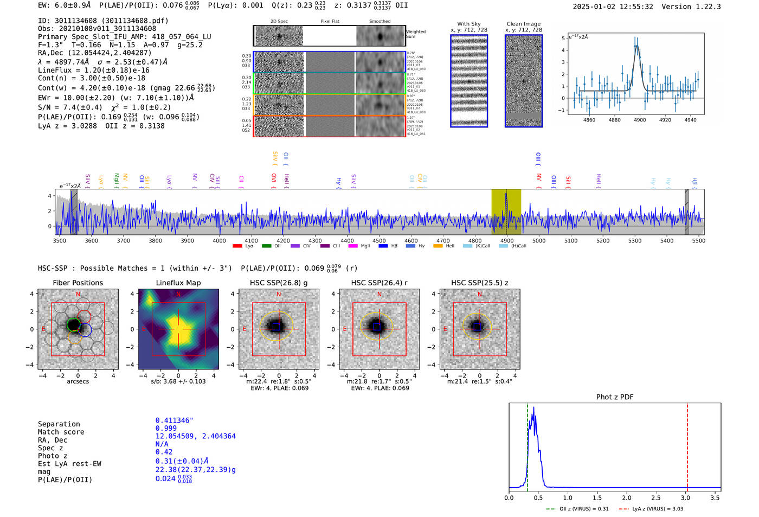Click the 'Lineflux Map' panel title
(178, 283)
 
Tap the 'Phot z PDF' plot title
(615, 397)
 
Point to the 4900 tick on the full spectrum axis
(507, 240)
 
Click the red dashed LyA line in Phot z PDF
(687, 445)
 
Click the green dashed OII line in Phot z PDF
(527, 445)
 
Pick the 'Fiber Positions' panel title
(78, 283)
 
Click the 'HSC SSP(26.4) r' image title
(379, 283)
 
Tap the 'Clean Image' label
(523, 24)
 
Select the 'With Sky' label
(468, 24)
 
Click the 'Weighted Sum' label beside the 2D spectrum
(415, 34)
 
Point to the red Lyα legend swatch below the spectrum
(237, 246)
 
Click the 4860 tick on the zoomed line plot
(589, 120)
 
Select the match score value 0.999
(166, 428)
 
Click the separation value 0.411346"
(174, 420)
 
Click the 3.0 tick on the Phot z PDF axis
(686, 497)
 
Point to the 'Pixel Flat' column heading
(330, 22)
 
